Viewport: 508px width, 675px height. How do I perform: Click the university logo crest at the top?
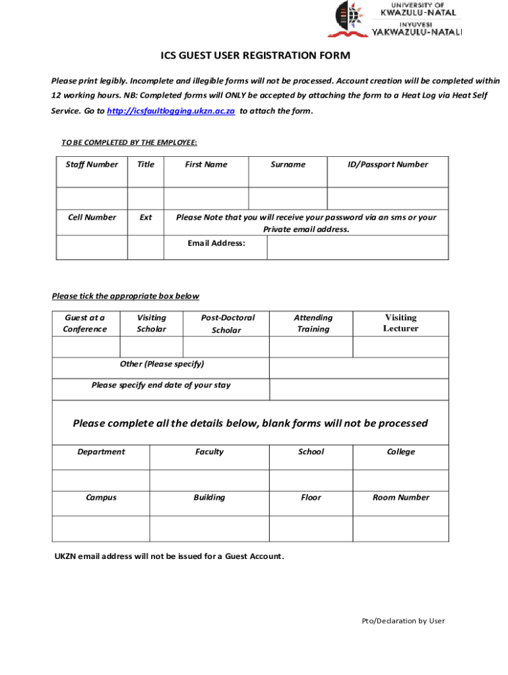pos(347,18)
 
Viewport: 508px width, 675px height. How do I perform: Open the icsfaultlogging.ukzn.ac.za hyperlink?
pos(171,111)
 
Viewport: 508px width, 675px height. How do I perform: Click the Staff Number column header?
pos(92,165)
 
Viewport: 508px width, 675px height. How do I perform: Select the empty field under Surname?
pos(288,198)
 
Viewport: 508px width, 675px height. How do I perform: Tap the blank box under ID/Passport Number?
pos(388,198)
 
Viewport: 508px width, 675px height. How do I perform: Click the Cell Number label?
pos(92,218)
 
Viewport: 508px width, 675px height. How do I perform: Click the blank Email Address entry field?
pos(357,248)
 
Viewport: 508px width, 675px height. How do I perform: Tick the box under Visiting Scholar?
pos(151,347)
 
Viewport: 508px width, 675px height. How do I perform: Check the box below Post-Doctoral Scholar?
pos(226,347)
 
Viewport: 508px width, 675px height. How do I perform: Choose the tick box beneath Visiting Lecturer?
pos(400,347)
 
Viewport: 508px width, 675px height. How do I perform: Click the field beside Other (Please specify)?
pos(359,367)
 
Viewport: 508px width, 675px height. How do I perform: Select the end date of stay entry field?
pos(359,389)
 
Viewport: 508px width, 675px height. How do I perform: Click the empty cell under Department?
pos(101,480)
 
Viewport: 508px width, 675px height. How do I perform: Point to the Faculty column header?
pos(209,452)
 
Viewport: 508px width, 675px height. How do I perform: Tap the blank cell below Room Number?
pos(400,528)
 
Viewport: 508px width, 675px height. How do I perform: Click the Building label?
pos(209,498)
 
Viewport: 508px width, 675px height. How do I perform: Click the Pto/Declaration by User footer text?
pos(403,620)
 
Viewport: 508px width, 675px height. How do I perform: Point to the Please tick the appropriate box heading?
pos(125,297)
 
